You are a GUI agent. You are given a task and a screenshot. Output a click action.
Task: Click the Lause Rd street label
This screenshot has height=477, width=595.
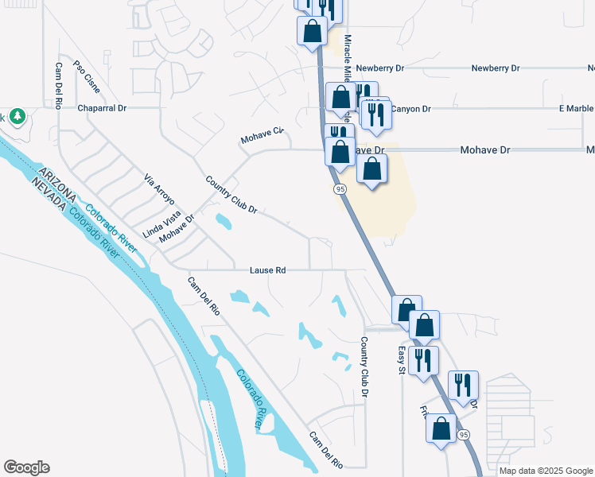[x=268, y=270]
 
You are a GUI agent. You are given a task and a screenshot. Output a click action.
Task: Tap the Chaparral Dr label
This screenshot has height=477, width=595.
[x=102, y=108]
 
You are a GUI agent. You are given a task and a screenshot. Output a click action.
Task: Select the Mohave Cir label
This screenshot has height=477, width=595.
[x=262, y=136]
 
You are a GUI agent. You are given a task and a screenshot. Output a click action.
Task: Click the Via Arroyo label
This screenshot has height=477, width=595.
[x=158, y=191]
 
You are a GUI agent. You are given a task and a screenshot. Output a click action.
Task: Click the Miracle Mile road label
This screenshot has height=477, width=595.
[x=347, y=60]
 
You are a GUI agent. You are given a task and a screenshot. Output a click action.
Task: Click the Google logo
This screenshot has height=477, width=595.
[x=26, y=467]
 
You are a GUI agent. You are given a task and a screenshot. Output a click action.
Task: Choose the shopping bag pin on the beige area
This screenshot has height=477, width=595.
[x=371, y=169]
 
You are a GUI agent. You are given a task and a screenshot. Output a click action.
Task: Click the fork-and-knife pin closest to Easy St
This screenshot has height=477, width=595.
[x=424, y=360]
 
